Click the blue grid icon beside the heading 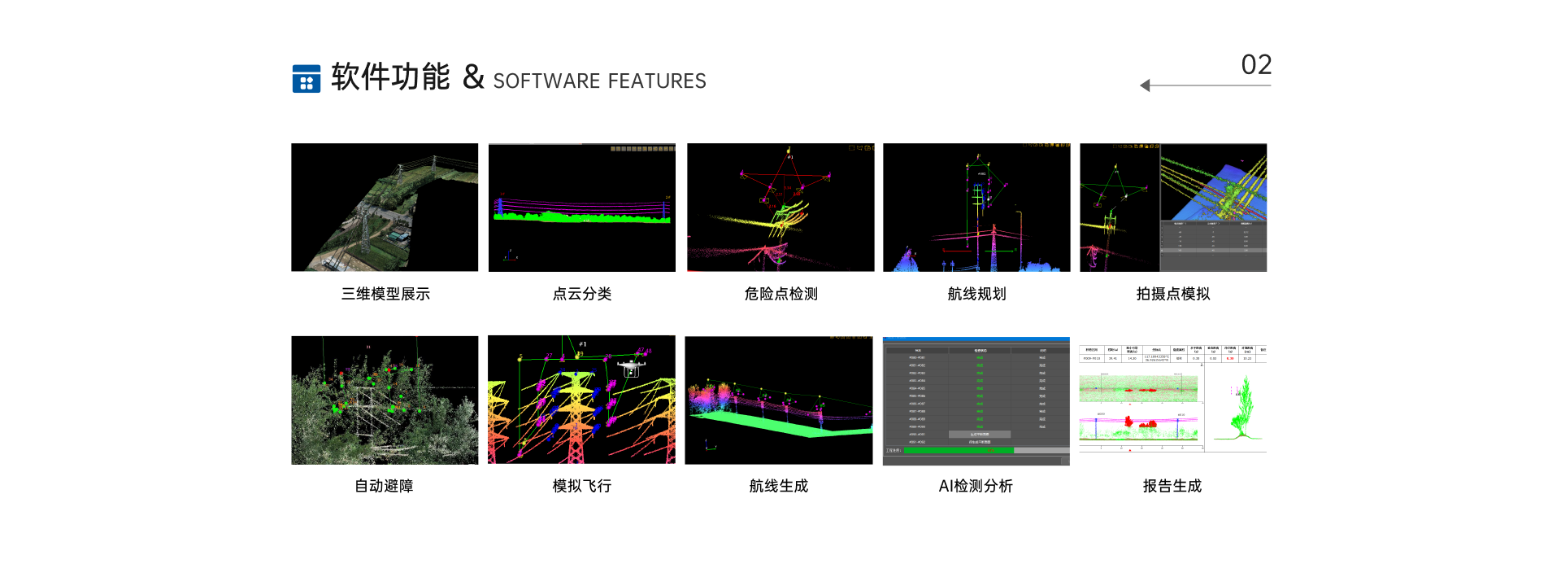click(x=306, y=79)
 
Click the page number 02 click(x=1255, y=65)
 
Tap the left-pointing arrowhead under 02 click(x=1146, y=85)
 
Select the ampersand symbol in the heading click(x=473, y=77)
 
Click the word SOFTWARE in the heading click(x=546, y=81)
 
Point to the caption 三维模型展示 click(x=385, y=294)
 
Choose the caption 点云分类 click(x=582, y=294)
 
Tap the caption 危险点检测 click(x=780, y=294)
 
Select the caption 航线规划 click(x=976, y=294)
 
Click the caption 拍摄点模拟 click(x=1172, y=294)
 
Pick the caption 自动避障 click(x=384, y=486)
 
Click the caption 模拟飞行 click(x=582, y=486)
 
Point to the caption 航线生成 click(x=778, y=486)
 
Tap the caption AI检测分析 click(x=976, y=486)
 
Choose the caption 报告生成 click(x=1172, y=486)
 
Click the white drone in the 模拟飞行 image click(x=631, y=369)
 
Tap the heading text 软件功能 click(x=390, y=77)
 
